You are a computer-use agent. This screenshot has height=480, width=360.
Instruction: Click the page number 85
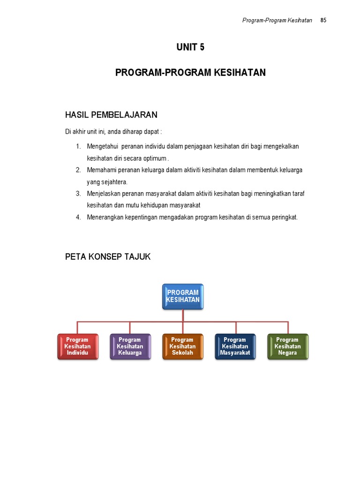click(x=323, y=20)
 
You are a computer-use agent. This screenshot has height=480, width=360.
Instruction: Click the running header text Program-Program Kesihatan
click(x=277, y=20)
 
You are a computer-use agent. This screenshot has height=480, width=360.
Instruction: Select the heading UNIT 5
click(x=190, y=47)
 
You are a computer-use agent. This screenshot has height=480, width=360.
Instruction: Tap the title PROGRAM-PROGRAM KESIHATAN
click(x=190, y=73)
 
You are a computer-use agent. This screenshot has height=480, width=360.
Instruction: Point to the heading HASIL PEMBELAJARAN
click(x=111, y=115)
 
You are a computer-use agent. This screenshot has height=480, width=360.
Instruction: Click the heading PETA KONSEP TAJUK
click(x=108, y=256)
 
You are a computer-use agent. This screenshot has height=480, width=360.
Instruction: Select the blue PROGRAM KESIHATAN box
click(x=183, y=296)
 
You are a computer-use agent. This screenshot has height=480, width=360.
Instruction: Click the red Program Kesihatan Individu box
click(x=78, y=346)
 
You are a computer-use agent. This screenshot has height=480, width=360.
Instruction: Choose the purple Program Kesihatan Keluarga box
click(x=130, y=346)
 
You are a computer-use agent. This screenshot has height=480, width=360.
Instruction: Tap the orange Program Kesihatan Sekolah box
click(x=183, y=346)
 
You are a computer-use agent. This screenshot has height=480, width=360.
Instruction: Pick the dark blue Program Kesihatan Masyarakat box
click(x=235, y=346)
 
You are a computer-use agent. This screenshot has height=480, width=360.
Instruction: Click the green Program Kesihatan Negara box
click(x=288, y=346)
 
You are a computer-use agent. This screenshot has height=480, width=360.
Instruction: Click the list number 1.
click(x=78, y=147)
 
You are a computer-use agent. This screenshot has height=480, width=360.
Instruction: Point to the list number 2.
click(x=78, y=170)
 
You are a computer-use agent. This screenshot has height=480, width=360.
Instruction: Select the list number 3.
click(x=78, y=194)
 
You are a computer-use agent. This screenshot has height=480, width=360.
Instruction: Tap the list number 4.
click(x=78, y=217)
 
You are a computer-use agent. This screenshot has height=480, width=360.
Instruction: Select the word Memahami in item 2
click(x=101, y=170)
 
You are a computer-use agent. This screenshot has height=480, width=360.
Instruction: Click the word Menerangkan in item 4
click(x=104, y=217)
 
